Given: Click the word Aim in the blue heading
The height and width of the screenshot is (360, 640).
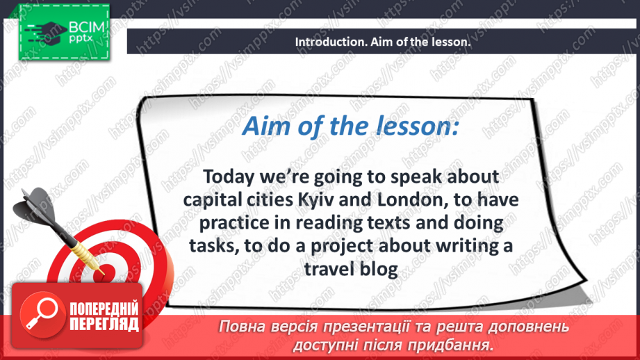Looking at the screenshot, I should (x=263, y=128).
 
